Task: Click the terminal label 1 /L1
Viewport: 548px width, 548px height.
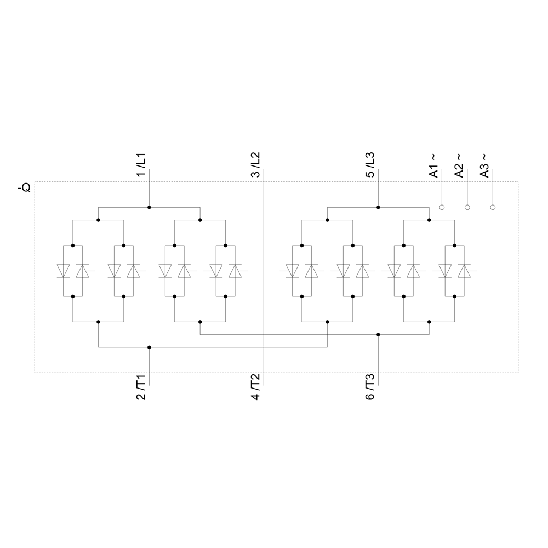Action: coord(141,164)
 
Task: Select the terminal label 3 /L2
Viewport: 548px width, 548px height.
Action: coord(255,164)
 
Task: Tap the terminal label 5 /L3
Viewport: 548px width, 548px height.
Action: coord(370,164)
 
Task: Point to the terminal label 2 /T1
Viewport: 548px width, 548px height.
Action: coord(141,387)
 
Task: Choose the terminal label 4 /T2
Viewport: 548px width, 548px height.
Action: coord(255,387)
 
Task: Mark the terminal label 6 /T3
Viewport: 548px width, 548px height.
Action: coord(370,387)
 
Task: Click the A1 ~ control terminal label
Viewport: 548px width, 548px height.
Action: coord(433,165)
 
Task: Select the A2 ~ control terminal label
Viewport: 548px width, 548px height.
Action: coord(459,165)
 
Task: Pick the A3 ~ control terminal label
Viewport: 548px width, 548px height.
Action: coord(484,165)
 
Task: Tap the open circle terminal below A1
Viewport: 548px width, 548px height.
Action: coord(442,207)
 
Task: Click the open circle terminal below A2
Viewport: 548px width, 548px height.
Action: coord(467,207)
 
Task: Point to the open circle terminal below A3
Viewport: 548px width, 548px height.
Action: coord(493,207)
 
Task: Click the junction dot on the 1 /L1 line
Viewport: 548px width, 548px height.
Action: coord(149,207)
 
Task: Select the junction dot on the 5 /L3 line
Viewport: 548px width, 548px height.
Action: coord(378,207)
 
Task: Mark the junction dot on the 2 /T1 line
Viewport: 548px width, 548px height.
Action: coord(149,347)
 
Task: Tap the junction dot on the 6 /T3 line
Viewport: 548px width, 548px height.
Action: coord(378,334)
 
